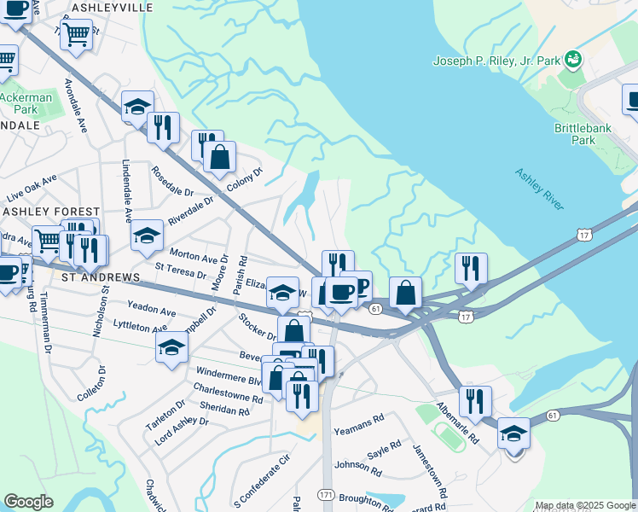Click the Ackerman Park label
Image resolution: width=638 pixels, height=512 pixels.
25,103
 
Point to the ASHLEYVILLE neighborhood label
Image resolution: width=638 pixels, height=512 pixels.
113,7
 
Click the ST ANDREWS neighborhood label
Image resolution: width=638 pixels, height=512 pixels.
98,278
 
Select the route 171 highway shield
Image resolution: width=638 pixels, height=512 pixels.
326,495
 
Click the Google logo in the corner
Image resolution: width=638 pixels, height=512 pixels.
28,502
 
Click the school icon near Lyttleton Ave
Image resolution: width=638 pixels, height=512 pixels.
171,346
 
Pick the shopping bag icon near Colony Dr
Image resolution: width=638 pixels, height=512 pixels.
219,157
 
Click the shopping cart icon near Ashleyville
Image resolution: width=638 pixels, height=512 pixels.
77,35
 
